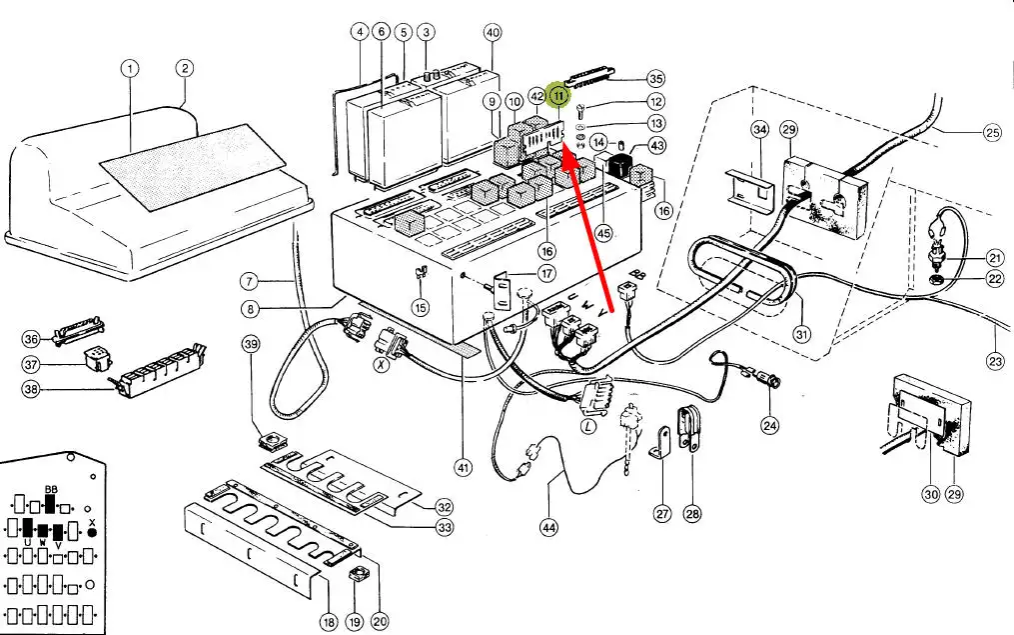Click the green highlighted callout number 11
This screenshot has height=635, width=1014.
click(559, 96)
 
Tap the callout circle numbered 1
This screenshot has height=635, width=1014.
click(129, 69)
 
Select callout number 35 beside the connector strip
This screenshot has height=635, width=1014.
click(655, 78)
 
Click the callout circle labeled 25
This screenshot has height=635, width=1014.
click(992, 131)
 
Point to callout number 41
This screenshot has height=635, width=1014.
click(462, 466)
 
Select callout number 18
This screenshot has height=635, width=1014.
click(328, 621)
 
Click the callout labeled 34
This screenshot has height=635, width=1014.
click(760, 131)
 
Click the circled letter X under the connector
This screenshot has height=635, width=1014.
click(380, 367)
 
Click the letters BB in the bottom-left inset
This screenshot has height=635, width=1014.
click(52, 487)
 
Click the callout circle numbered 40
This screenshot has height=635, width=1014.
click(493, 32)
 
